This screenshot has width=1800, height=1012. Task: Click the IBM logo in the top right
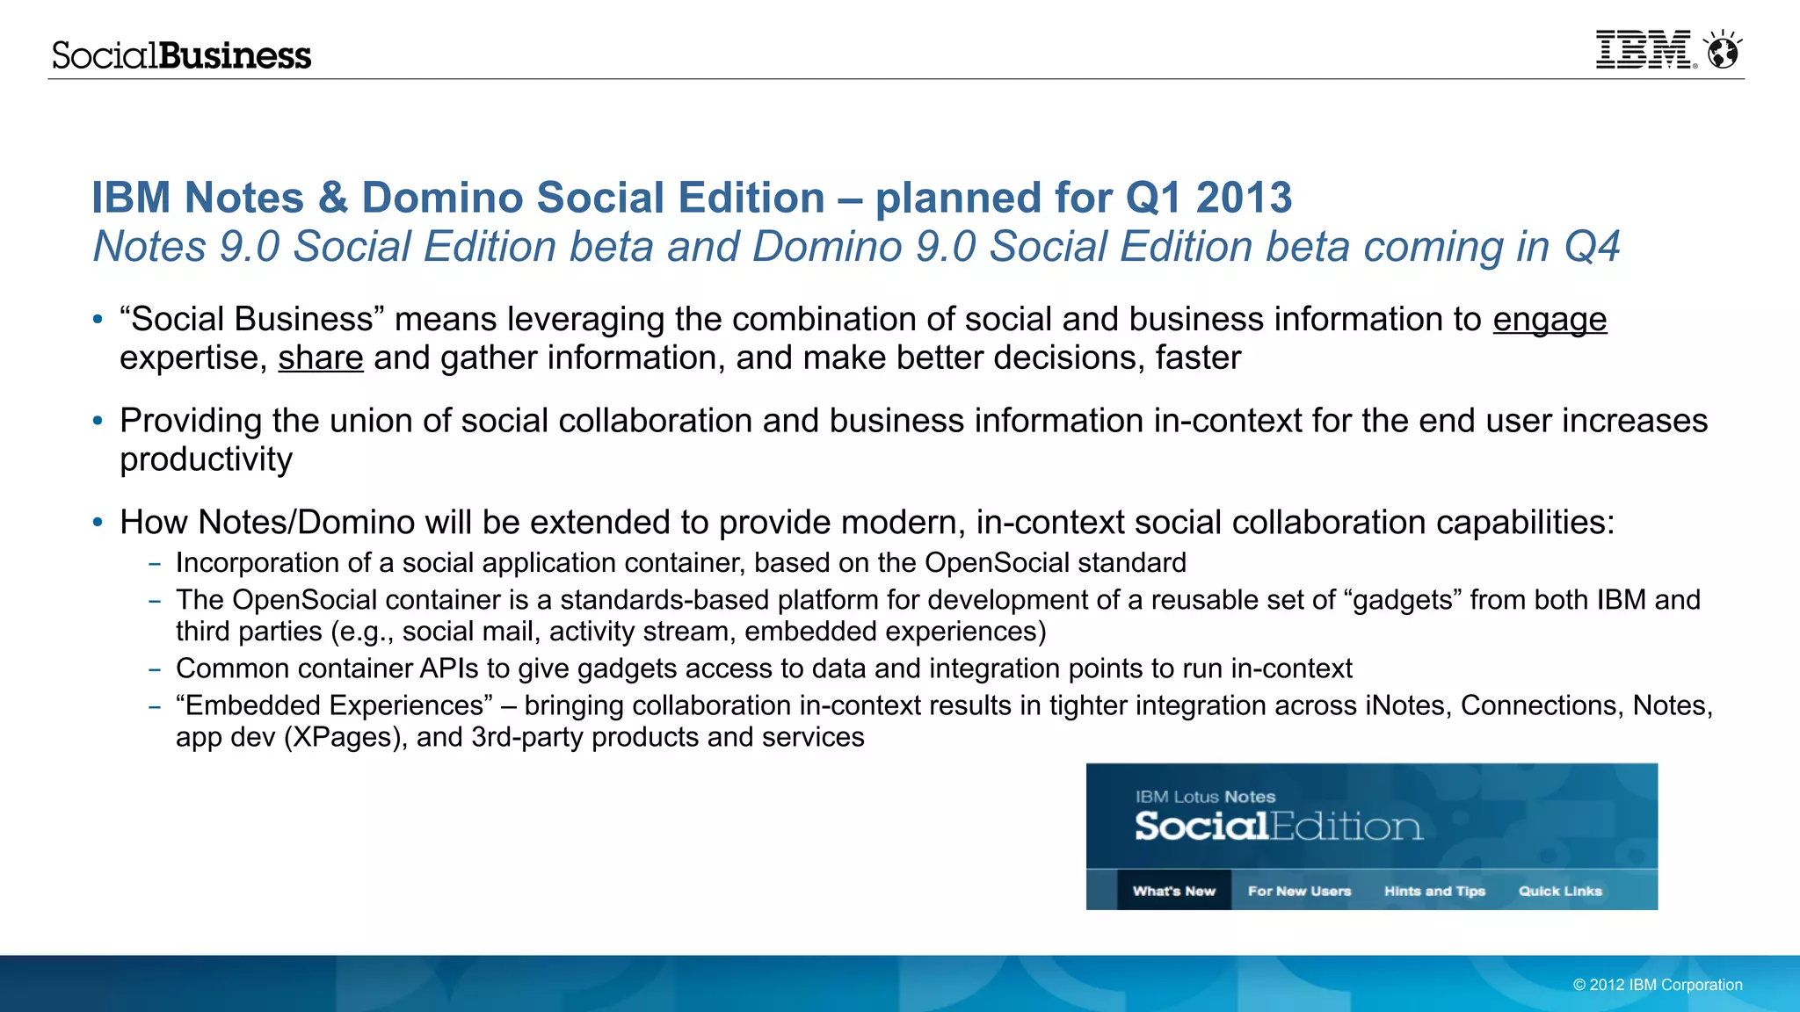click(1644, 50)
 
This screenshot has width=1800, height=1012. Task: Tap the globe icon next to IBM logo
click(1723, 51)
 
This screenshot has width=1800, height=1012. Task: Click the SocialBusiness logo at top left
click(182, 55)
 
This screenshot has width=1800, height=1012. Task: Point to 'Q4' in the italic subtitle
click(1591, 247)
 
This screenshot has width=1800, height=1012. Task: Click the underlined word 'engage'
click(1550, 320)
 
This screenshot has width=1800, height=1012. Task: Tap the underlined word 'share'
click(321, 358)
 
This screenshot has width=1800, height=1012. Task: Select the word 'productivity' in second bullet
click(207, 460)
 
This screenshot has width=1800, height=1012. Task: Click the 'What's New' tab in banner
click(1174, 891)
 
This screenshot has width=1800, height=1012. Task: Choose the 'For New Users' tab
click(1299, 891)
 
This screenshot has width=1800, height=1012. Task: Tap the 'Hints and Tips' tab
click(1434, 891)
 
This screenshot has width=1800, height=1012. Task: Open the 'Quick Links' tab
click(1560, 891)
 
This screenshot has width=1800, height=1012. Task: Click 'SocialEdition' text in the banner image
click(1278, 827)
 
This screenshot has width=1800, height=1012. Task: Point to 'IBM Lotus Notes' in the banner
click(1205, 797)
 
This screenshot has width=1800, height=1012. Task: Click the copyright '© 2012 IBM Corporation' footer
click(1658, 985)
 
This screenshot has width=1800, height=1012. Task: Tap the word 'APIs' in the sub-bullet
click(448, 669)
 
